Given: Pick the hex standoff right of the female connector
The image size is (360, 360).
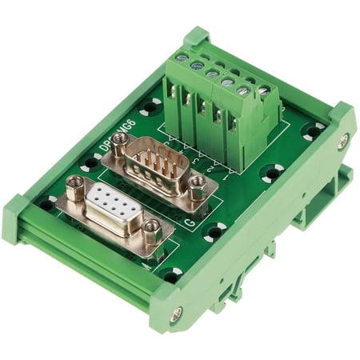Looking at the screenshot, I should (x=151, y=231).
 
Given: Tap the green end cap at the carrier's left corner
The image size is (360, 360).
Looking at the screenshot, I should (x=20, y=216).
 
